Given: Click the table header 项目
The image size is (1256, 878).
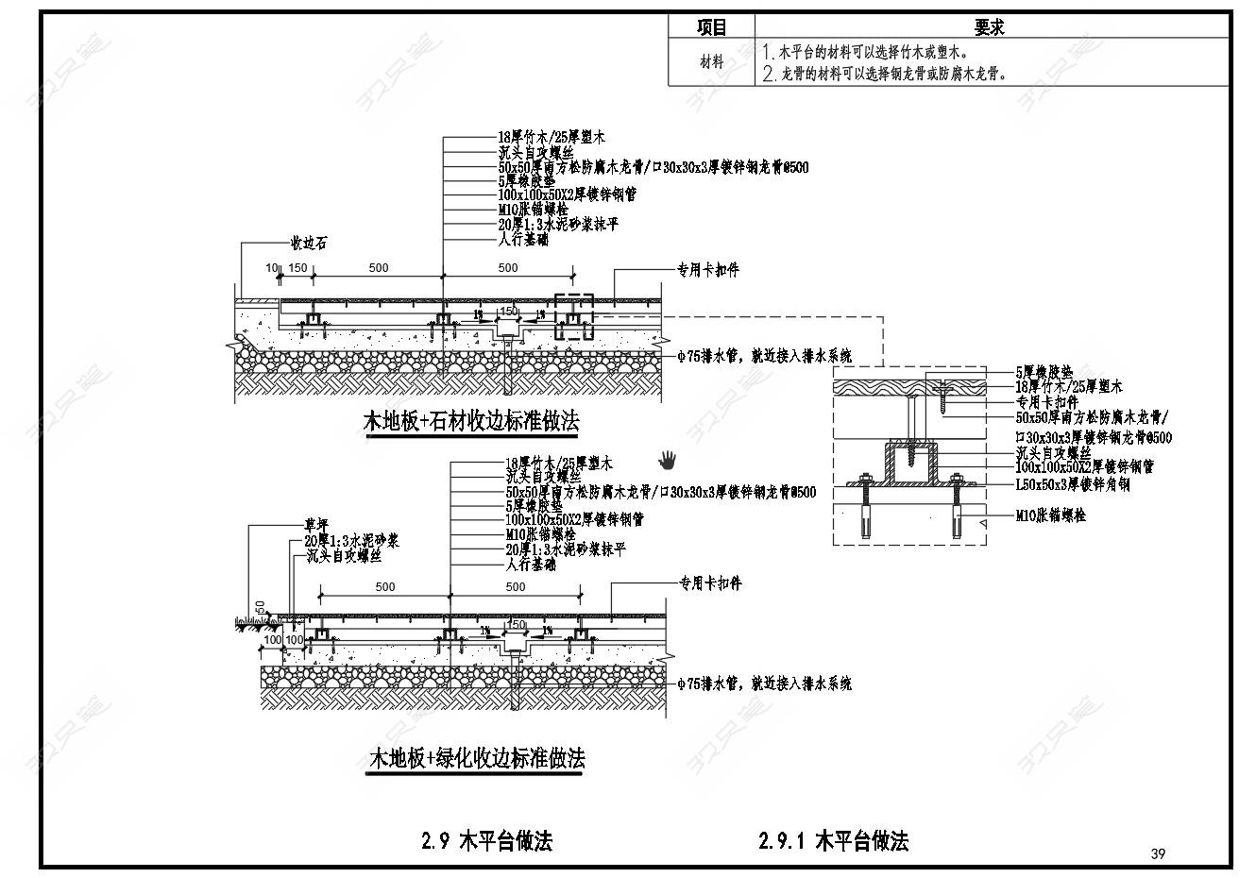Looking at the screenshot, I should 712,27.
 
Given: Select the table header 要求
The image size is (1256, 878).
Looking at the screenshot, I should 989,27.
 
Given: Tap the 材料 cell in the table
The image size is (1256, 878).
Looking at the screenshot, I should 712,62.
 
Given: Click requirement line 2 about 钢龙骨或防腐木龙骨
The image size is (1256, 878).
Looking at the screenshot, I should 892,73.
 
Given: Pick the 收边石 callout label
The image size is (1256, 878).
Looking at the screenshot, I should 308,244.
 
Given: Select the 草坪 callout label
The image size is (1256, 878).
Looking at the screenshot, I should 315,525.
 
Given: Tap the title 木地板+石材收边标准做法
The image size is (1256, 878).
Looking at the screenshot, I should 471,422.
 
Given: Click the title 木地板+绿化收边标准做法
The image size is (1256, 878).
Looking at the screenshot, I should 476,758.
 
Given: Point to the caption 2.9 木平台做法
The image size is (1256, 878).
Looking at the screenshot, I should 486,840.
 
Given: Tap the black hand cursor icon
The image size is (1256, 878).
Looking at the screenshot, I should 669,460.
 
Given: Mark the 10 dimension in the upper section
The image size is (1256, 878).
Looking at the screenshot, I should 272,268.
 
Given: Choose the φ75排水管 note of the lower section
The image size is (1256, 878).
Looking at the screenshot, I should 764,683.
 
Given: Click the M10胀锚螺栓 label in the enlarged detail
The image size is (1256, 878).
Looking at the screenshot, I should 1051,515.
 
